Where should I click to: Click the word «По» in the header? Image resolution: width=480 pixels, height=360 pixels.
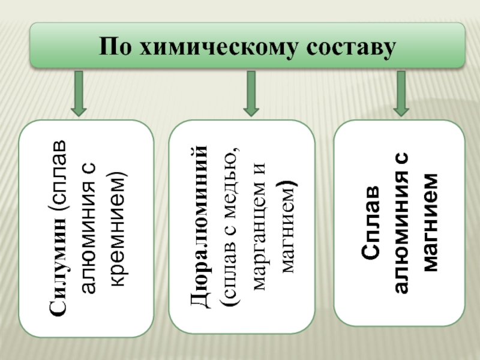(115, 46)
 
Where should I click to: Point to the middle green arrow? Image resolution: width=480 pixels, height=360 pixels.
(251, 94)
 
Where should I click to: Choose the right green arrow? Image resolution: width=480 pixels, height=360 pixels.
(401, 94)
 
